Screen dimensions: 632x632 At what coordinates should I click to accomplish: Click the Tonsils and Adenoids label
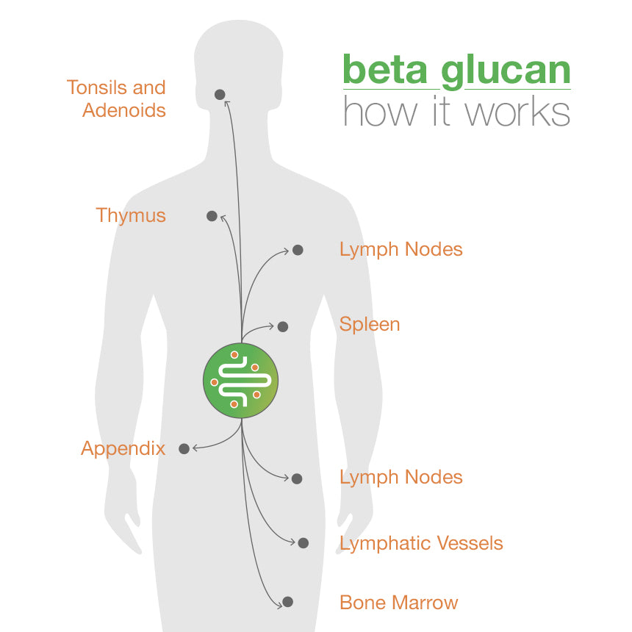point(116,98)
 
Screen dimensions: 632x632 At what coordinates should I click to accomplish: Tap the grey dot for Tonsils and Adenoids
point(219,95)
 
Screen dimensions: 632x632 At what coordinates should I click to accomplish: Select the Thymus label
point(131,215)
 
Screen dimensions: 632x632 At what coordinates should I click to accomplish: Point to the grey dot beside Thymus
point(212,216)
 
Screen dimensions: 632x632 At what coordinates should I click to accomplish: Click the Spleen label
point(370,324)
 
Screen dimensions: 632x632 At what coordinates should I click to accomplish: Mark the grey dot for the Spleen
point(283,326)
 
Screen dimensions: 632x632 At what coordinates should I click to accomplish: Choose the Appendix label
point(123,448)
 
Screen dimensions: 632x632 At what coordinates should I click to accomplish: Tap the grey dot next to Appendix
point(184,448)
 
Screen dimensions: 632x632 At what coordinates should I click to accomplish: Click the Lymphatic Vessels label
point(421,543)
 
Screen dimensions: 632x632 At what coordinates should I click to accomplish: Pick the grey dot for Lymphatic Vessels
point(304,543)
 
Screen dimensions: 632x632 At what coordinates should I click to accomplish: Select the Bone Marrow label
point(398,603)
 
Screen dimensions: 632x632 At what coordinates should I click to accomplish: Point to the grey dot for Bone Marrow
point(288,602)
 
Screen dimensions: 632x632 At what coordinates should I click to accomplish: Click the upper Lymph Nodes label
point(401,249)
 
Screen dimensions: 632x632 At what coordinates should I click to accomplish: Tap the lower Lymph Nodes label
point(401,477)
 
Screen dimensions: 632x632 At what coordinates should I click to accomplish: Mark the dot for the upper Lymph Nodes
point(298,250)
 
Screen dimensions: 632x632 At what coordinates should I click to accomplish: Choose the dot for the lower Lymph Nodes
point(297,478)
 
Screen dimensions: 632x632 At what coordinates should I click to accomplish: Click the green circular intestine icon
point(241,380)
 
